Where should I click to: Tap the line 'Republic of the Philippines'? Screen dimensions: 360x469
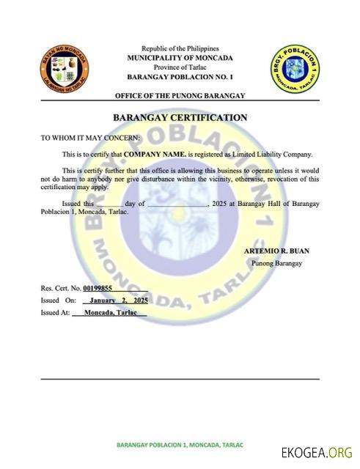pos(180,48)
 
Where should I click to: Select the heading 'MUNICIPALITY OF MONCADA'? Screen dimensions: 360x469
pos(180,57)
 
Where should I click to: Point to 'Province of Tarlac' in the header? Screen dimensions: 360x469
pos(180,67)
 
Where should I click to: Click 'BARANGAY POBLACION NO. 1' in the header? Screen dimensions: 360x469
pos(180,76)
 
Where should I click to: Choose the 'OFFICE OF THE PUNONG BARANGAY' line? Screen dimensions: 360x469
pos(180,96)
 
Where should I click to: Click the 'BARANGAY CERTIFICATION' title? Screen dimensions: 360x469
pos(180,118)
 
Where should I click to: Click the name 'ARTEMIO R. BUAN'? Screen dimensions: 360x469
pos(276,251)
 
